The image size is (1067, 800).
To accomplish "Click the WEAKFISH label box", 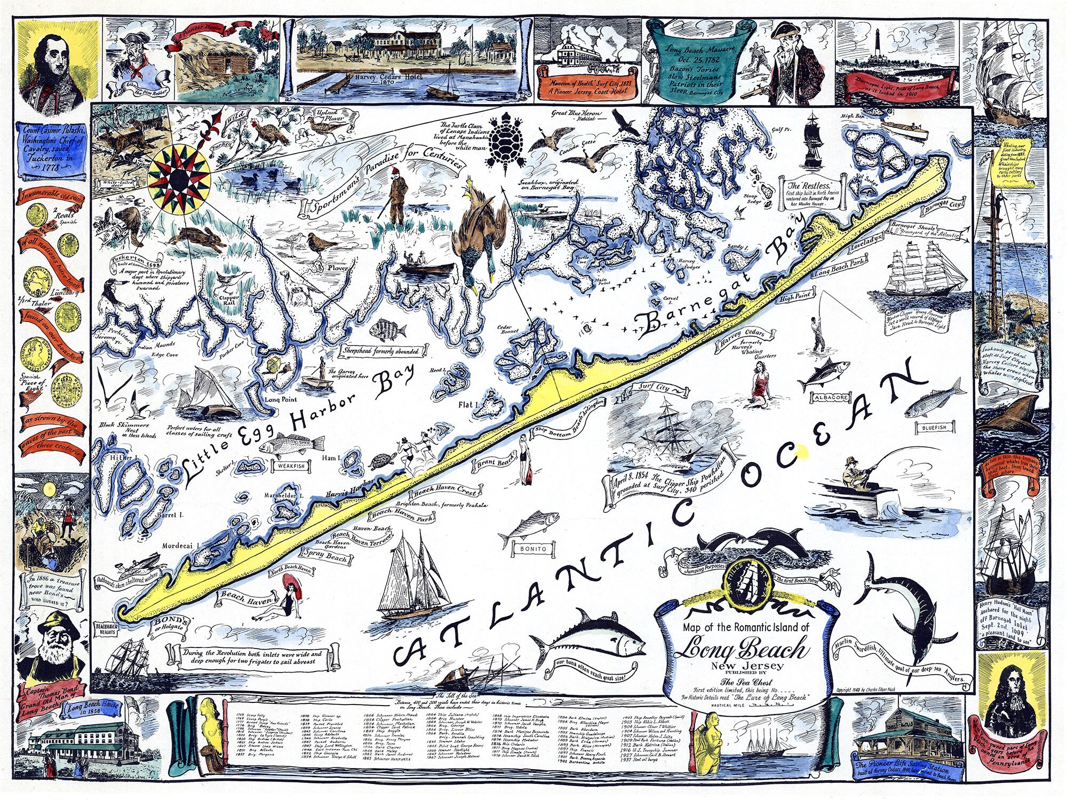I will click(291, 466).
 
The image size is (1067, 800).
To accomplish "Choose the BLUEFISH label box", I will click(934, 427).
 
